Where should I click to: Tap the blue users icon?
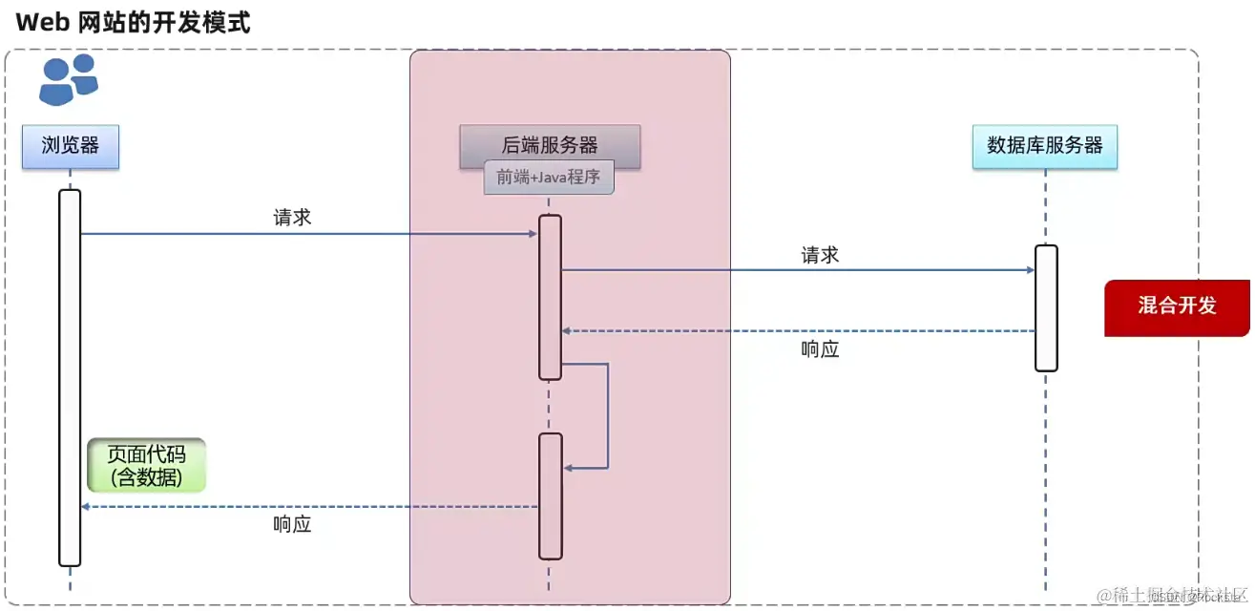[69, 79]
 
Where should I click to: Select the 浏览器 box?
[71, 145]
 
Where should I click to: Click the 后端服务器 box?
[550, 145]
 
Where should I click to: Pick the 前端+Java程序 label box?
[549, 179]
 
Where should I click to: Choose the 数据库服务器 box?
[1045, 145]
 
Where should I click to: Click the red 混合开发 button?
[1177, 306]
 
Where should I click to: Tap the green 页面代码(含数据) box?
[146, 465]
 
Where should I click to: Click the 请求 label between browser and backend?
[292, 218]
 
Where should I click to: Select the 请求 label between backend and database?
[820, 255]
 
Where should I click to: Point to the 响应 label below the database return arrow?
[820, 349]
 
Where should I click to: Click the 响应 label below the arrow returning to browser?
[292, 524]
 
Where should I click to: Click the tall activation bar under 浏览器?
[70, 377]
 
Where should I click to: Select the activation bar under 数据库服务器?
[1046, 307]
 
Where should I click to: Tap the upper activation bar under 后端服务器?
[550, 297]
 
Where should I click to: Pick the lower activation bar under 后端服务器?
[550, 495]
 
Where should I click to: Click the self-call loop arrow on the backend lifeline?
[608, 415]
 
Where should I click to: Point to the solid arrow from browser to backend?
[305, 234]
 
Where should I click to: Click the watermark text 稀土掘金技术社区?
[1172, 595]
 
